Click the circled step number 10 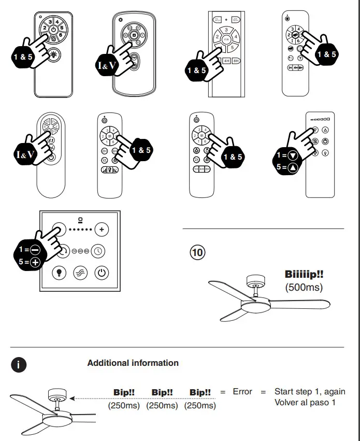(197, 254)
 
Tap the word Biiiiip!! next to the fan (304, 274)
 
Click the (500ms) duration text (304, 287)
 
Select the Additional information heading (133, 363)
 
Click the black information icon (19, 364)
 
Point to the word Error (242, 392)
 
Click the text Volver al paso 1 (305, 403)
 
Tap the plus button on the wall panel (102, 229)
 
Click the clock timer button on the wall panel (98, 251)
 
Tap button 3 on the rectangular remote (226, 30)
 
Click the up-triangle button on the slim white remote (325, 130)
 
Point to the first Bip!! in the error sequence (124, 392)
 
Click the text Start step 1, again (310, 392)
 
